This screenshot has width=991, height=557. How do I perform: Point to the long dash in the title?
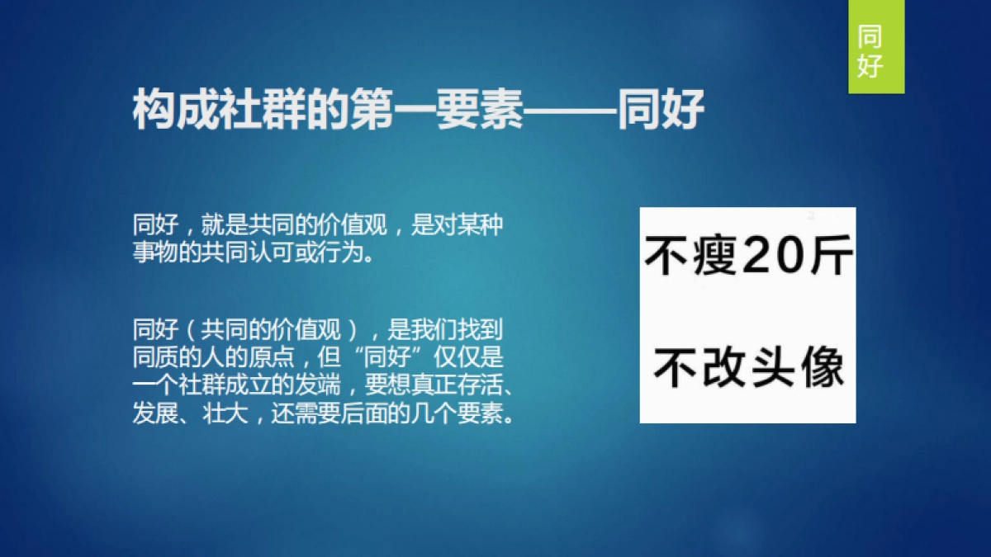point(571,111)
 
